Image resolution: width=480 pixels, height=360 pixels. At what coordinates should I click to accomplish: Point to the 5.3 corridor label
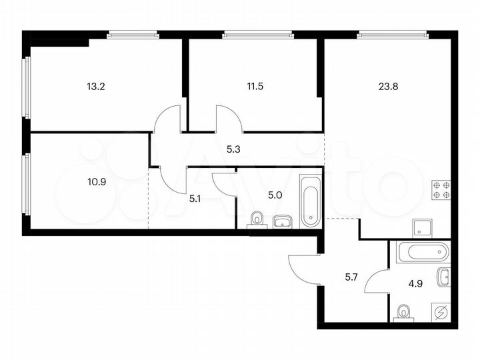pyautogui.click(x=233, y=150)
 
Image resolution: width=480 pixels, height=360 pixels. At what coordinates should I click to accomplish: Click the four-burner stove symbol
pyautogui.click(x=441, y=191)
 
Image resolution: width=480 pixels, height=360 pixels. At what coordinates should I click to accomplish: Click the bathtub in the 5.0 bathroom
pyautogui.click(x=311, y=201)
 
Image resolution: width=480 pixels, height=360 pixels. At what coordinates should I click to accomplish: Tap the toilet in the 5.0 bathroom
pyautogui.click(x=257, y=219)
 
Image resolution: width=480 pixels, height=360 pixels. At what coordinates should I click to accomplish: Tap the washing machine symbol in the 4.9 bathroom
pyautogui.click(x=440, y=312)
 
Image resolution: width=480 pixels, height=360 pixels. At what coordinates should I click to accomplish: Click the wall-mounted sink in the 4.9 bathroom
pyautogui.click(x=445, y=277)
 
